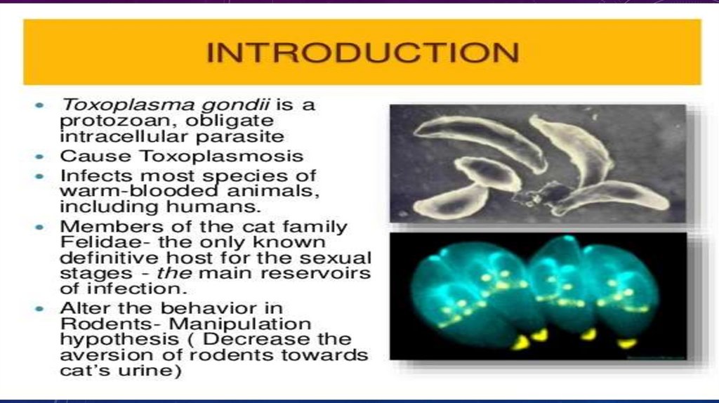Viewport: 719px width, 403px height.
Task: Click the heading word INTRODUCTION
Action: (363, 52)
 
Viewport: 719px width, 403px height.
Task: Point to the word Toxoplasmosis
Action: (221, 156)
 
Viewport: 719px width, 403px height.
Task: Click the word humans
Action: (213, 206)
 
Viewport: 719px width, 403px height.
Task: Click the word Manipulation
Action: (240, 324)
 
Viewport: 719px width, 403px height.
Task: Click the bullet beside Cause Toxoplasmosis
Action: (40, 157)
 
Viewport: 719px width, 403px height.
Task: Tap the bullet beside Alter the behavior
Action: (40, 309)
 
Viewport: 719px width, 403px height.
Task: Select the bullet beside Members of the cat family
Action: (40, 227)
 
